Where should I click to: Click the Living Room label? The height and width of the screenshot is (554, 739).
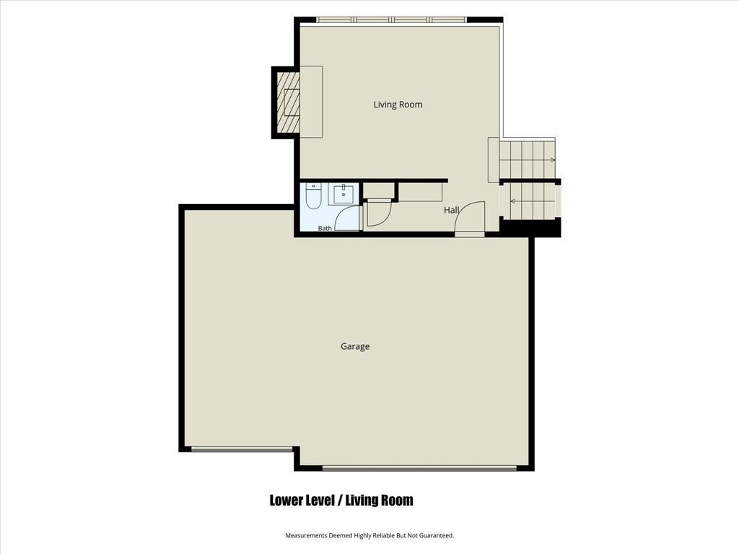coord(398,105)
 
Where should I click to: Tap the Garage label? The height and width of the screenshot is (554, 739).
coord(355,347)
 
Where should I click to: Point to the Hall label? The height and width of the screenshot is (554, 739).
coord(451,210)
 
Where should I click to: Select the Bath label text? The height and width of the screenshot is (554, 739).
coord(325,228)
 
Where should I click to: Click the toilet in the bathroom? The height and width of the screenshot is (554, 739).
coord(313,196)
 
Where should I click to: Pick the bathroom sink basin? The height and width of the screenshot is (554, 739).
coord(344,194)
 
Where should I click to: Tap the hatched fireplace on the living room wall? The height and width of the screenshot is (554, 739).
coord(288,102)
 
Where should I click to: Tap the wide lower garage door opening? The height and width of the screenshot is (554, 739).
coord(419,468)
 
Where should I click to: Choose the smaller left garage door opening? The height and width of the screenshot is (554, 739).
coord(242,450)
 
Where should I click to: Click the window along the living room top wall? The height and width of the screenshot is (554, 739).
coord(392,19)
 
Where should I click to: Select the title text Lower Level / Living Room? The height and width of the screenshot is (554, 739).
coord(341,501)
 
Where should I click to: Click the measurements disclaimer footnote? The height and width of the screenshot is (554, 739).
coord(369,536)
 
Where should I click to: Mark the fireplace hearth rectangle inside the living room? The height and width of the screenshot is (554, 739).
coord(311,102)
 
